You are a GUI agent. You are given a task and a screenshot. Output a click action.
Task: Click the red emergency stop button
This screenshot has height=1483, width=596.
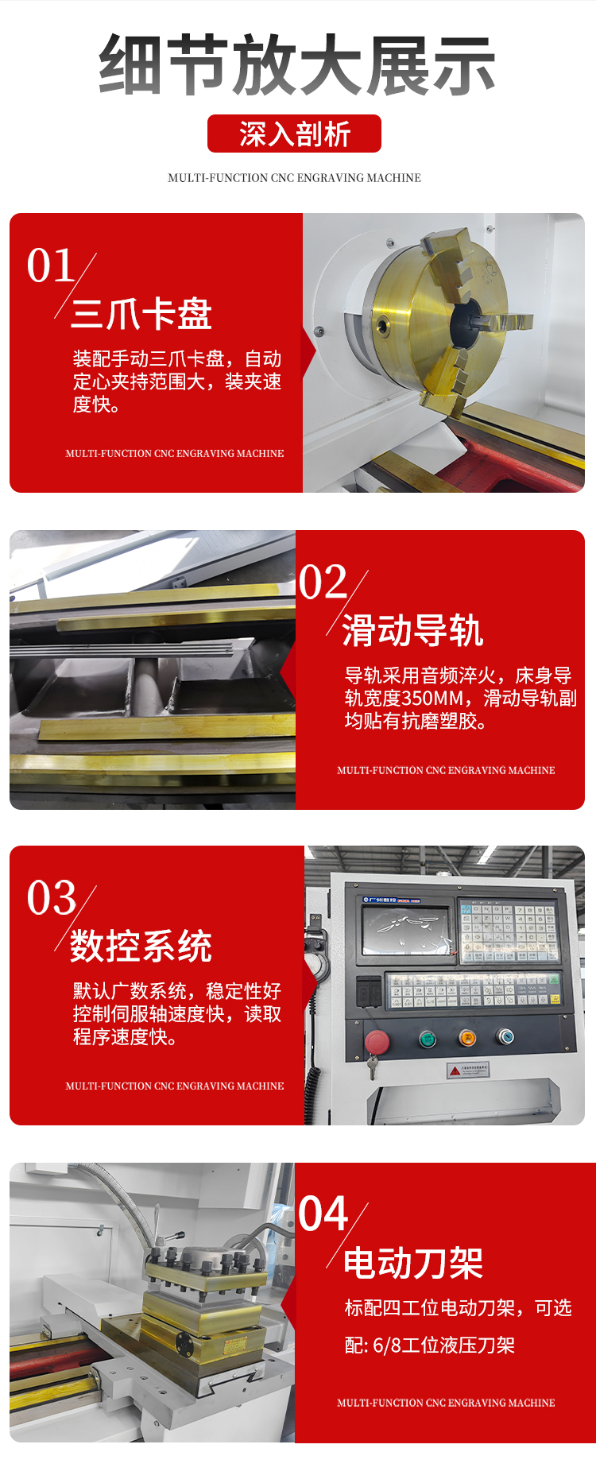[x=376, y=1041]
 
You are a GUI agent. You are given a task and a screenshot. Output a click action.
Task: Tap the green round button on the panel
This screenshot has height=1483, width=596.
[x=428, y=1038]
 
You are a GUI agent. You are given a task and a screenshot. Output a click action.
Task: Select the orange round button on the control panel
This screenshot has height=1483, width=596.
[x=467, y=1037]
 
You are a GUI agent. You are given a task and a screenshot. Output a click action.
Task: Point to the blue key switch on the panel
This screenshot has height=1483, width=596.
[x=505, y=1036]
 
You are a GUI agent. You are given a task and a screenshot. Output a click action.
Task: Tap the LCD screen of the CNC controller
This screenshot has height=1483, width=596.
[x=405, y=931]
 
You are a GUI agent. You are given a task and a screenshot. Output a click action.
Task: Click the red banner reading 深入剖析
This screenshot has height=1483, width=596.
[x=294, y=134]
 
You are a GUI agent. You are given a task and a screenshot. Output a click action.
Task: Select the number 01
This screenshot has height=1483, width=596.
[x=51, y=265]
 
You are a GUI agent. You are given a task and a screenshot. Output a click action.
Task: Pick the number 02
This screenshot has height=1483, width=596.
[x=323, y=583]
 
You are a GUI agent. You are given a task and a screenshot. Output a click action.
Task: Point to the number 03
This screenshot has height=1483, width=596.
[x=52, y=898]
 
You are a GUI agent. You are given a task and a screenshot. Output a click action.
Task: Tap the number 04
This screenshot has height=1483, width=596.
[x=323, y=1214]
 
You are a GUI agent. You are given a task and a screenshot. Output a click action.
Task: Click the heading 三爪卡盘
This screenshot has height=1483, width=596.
[x=141, y=314]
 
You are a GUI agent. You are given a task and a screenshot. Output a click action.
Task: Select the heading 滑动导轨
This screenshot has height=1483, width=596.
[x=413, y=631]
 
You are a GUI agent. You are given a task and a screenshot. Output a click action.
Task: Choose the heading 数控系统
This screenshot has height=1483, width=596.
[x=141, y=946]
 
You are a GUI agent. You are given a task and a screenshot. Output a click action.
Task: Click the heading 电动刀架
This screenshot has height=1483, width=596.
[x=413, y=1263]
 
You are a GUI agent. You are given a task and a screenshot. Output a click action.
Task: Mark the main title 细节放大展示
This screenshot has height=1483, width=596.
[x=297, y=65]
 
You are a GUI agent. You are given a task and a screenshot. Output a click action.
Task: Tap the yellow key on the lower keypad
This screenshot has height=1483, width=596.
[x=555, y=999]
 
